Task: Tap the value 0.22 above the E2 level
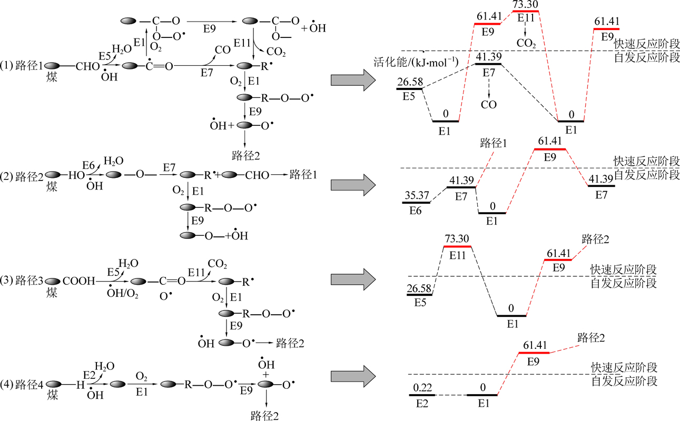pyautogui.click(x=422, y=388)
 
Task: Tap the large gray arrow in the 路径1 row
pyautogui.click(x=351, y=80)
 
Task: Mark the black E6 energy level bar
pyautogui.click(x=417, y=203)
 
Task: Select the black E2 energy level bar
pyautogui.click(x=422, y=395)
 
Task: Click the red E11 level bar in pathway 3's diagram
pyautogui.click(x=458, y=246)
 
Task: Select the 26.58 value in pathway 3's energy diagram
pyautogui.click(x=420, y=288)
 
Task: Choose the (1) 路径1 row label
pyautogui.click(x=22, y=66)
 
